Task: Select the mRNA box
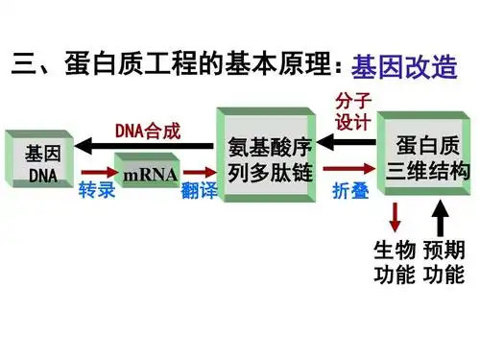click(x=149, y=175)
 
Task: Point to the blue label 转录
click(x=96, y=190)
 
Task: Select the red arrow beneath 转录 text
click(x=96, y=174)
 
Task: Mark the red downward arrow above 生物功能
click(x=395, y=215)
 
